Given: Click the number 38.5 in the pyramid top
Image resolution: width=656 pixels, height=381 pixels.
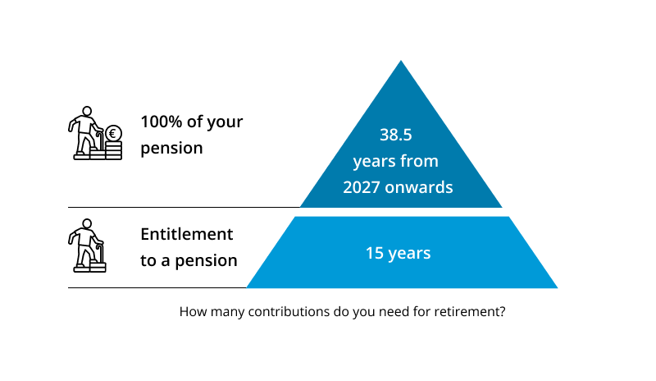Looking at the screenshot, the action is (396, 135).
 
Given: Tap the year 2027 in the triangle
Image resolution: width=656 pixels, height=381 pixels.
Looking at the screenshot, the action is (362, 187).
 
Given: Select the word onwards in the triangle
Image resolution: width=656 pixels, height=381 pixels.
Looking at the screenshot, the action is (419, 187).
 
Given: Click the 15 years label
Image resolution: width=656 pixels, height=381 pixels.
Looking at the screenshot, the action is (398, 253).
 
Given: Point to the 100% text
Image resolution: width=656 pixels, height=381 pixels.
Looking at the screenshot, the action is (161, 122).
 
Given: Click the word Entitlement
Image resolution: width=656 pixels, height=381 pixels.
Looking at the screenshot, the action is (187, 234).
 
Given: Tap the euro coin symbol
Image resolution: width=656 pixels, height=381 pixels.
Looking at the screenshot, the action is (113, 134).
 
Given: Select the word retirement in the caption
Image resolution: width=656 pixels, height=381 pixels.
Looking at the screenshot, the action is (470, 312).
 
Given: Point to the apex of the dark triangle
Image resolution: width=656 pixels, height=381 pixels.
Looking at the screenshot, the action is (401, 61).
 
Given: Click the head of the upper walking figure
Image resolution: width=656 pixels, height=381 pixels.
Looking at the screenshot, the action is (87, 112).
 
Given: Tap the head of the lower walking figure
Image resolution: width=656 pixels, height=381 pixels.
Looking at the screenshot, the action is (87, 224).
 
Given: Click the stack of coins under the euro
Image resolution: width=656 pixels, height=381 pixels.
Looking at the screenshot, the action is (113, 150).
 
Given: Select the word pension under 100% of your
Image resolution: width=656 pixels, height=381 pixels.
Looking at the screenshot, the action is (171, 149).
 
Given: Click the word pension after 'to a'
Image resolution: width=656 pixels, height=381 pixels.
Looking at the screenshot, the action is (206, 261).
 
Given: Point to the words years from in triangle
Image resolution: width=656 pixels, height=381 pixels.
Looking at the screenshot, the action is (396, 162).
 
